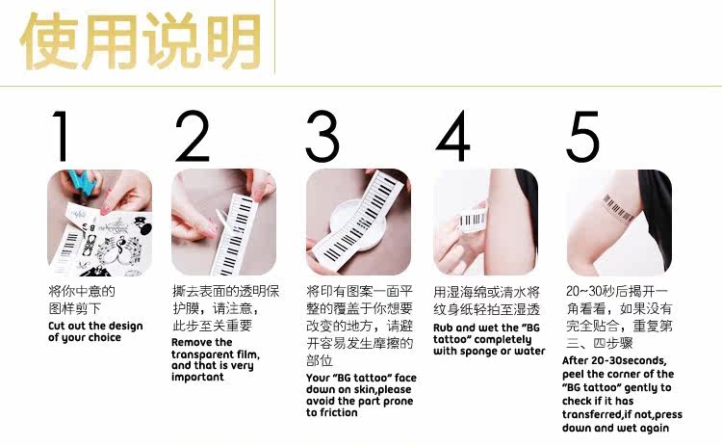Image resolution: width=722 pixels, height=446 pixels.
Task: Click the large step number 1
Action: coord(62,136)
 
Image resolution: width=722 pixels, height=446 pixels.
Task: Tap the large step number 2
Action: coord(192,136)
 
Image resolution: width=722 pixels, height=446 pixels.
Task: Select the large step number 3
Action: coord(322,136)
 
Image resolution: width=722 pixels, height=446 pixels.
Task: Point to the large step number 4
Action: coord(453,136)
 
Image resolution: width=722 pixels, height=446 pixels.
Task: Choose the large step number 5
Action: coord(583,137)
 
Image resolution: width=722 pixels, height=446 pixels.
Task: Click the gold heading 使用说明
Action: coord(141,41)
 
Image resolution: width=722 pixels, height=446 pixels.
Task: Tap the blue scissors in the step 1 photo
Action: coord(83,182)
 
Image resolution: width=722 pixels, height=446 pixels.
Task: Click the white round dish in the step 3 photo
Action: coord(357,222)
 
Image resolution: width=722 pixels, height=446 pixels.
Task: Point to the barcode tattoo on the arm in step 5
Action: coord(618,208)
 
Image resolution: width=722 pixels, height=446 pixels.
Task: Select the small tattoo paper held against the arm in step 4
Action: coord(472,221)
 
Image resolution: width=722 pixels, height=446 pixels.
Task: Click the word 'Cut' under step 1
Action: coord(56,326)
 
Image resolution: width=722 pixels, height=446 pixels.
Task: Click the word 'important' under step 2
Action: coord(197,377)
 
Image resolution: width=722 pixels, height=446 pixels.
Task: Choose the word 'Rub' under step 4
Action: coord(443,328)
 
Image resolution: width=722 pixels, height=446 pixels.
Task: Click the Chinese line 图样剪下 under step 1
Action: coord(74,308)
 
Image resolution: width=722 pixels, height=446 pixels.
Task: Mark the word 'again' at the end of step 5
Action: coord(654,428)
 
